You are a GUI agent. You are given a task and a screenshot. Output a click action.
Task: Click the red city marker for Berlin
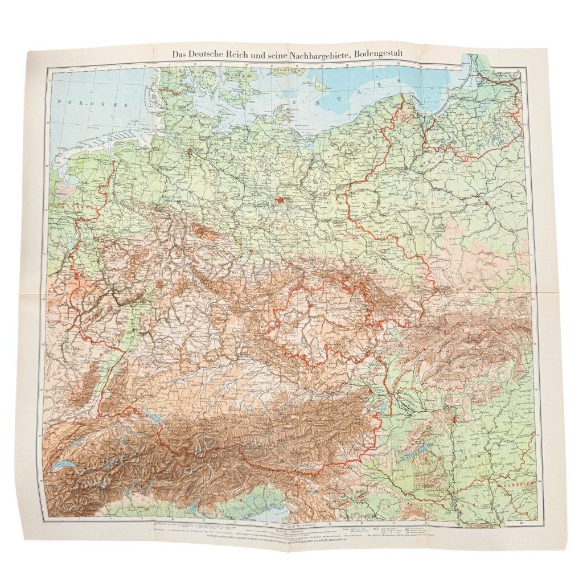point(280,200)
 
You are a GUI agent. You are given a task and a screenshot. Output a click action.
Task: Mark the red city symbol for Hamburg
point(190,151)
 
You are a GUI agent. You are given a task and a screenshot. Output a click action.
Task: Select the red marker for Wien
point(371,392)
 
